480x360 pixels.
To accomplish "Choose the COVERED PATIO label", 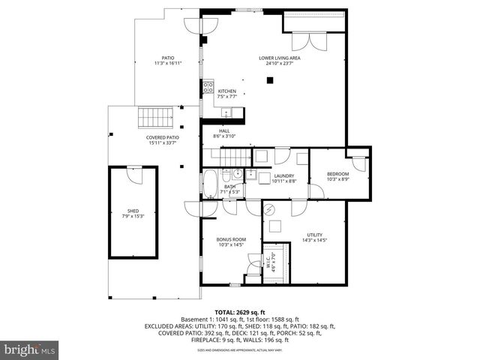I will (162, 140).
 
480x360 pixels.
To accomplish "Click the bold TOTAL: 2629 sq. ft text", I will (240, 312).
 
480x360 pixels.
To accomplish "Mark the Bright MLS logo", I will (30, 349).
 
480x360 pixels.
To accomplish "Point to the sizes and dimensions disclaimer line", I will (240, 349).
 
